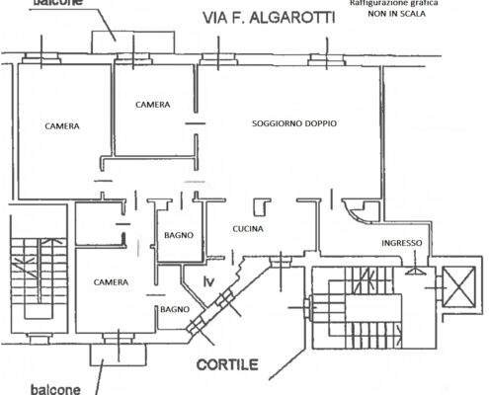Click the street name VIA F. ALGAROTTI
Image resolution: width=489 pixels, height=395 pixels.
point(269,18)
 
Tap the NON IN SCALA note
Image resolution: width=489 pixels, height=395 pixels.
point(396,14)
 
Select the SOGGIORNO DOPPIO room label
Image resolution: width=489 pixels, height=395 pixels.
point(294,123)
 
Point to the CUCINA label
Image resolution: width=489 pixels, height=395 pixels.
point(248,229)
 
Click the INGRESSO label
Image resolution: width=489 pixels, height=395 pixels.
point(402,243)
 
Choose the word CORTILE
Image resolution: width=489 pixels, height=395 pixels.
point(227,364)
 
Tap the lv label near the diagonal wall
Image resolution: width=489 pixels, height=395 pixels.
point(209,281)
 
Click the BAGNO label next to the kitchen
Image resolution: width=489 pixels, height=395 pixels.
point(179,235)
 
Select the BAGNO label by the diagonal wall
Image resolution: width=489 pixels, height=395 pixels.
point(175,309)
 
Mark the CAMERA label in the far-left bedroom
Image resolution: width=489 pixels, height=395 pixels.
point(62,126)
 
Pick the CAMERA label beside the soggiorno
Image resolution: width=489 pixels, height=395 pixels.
point(153,105)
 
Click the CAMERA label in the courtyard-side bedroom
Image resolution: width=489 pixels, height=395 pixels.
point(111,282)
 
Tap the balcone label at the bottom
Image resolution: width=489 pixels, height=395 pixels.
point(55,389)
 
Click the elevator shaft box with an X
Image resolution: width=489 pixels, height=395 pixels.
point(459,286)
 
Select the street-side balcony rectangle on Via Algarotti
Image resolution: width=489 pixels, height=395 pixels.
point(132,42)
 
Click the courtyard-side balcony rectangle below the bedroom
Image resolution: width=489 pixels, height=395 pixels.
point(119,355)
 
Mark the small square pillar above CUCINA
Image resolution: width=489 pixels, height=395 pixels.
point(262,206)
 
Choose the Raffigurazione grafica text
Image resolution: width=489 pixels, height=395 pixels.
point(394,3)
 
